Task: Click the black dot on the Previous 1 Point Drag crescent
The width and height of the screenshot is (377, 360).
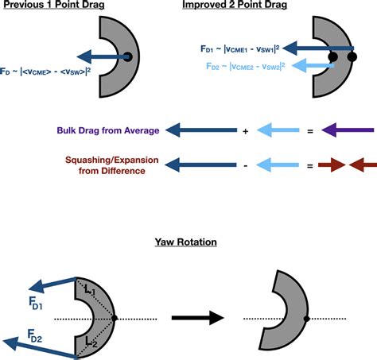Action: click(x=127, y=56)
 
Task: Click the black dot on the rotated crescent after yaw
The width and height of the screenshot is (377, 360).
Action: click(x=306, y=319)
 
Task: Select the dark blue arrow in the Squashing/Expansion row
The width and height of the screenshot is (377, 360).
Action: click(x=203, y=165)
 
